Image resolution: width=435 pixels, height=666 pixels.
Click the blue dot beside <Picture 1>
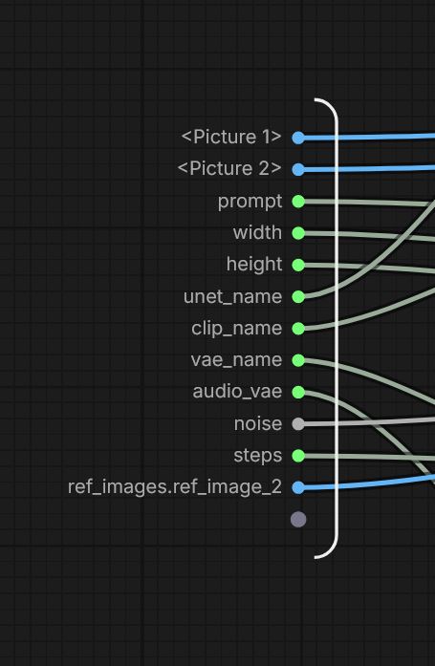[x=298, y=138]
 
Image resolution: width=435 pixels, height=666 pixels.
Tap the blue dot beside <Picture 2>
[x=298, y=169]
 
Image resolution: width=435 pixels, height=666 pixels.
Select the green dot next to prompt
[x=298, y=202]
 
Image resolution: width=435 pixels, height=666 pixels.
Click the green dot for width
[x=298, y=233]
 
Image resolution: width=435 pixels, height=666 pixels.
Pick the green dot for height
[x=298, y=265]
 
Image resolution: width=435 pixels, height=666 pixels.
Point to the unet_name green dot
[x=298, y=296]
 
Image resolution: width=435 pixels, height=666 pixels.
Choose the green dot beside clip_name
[x=298, y=329]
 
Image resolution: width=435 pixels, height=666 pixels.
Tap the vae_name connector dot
[x=298, y=360]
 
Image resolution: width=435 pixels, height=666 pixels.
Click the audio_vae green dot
[x=298, y=392]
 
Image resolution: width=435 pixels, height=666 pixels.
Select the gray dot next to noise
[x=298, y=423]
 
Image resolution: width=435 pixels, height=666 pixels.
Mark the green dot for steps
[x=298, y=456]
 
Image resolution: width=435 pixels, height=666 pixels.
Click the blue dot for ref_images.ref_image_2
[x=298, y=487]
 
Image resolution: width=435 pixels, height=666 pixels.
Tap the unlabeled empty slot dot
[x=298, y=519]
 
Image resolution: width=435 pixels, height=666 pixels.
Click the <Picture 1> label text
[x=231, y=137]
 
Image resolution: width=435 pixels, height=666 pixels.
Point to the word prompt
[x=250, y=202]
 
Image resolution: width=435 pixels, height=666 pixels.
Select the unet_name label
[x=232, y=296]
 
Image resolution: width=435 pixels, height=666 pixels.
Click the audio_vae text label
[x=237, y=392]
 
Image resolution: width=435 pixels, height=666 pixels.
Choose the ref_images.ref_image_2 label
[x=175, y=487]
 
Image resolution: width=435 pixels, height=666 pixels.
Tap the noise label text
[x=258, y=423]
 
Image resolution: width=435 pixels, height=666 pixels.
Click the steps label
[x=257, y=456]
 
